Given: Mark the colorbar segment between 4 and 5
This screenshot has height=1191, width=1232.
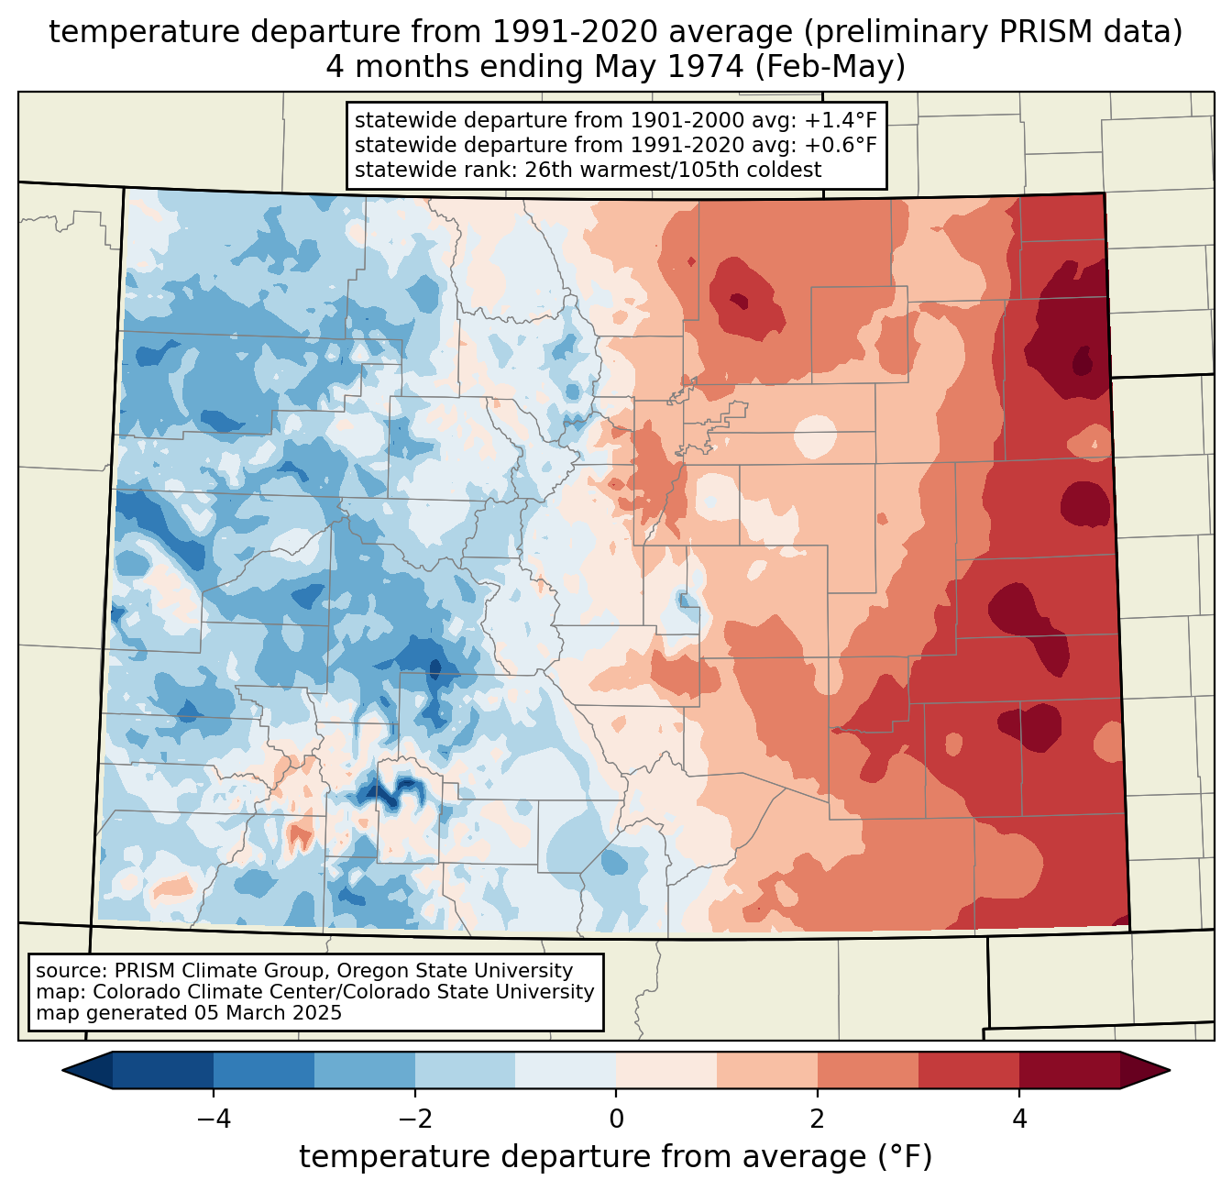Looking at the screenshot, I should point(1069,1070).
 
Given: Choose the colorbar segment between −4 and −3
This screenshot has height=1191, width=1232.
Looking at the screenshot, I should point(264,1070).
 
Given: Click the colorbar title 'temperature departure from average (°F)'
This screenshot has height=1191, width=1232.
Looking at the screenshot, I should point(616,1157).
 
